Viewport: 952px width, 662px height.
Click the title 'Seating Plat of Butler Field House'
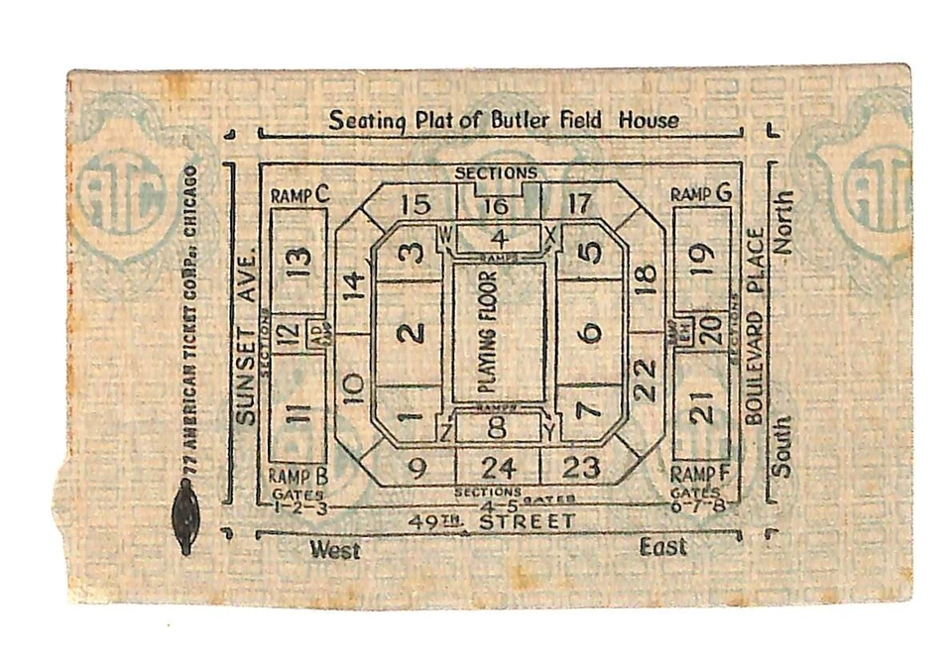[x=504, y=121]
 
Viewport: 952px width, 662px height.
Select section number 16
[x=498, y=206]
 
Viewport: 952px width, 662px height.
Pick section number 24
[x=498, y=468]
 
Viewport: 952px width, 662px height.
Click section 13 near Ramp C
[x=299, y=262]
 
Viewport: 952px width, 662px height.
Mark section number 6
[x=592, y=333]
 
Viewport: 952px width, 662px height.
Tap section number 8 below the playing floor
[x=497, y=428]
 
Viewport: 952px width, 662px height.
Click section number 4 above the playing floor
[x=499, y=238]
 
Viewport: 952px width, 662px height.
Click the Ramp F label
[x=700, y=474]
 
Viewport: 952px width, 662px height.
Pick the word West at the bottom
[x=334, y=549]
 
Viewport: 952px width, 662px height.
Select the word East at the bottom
[x=662, y=547]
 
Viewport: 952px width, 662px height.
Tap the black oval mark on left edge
[x=185, y=516]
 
